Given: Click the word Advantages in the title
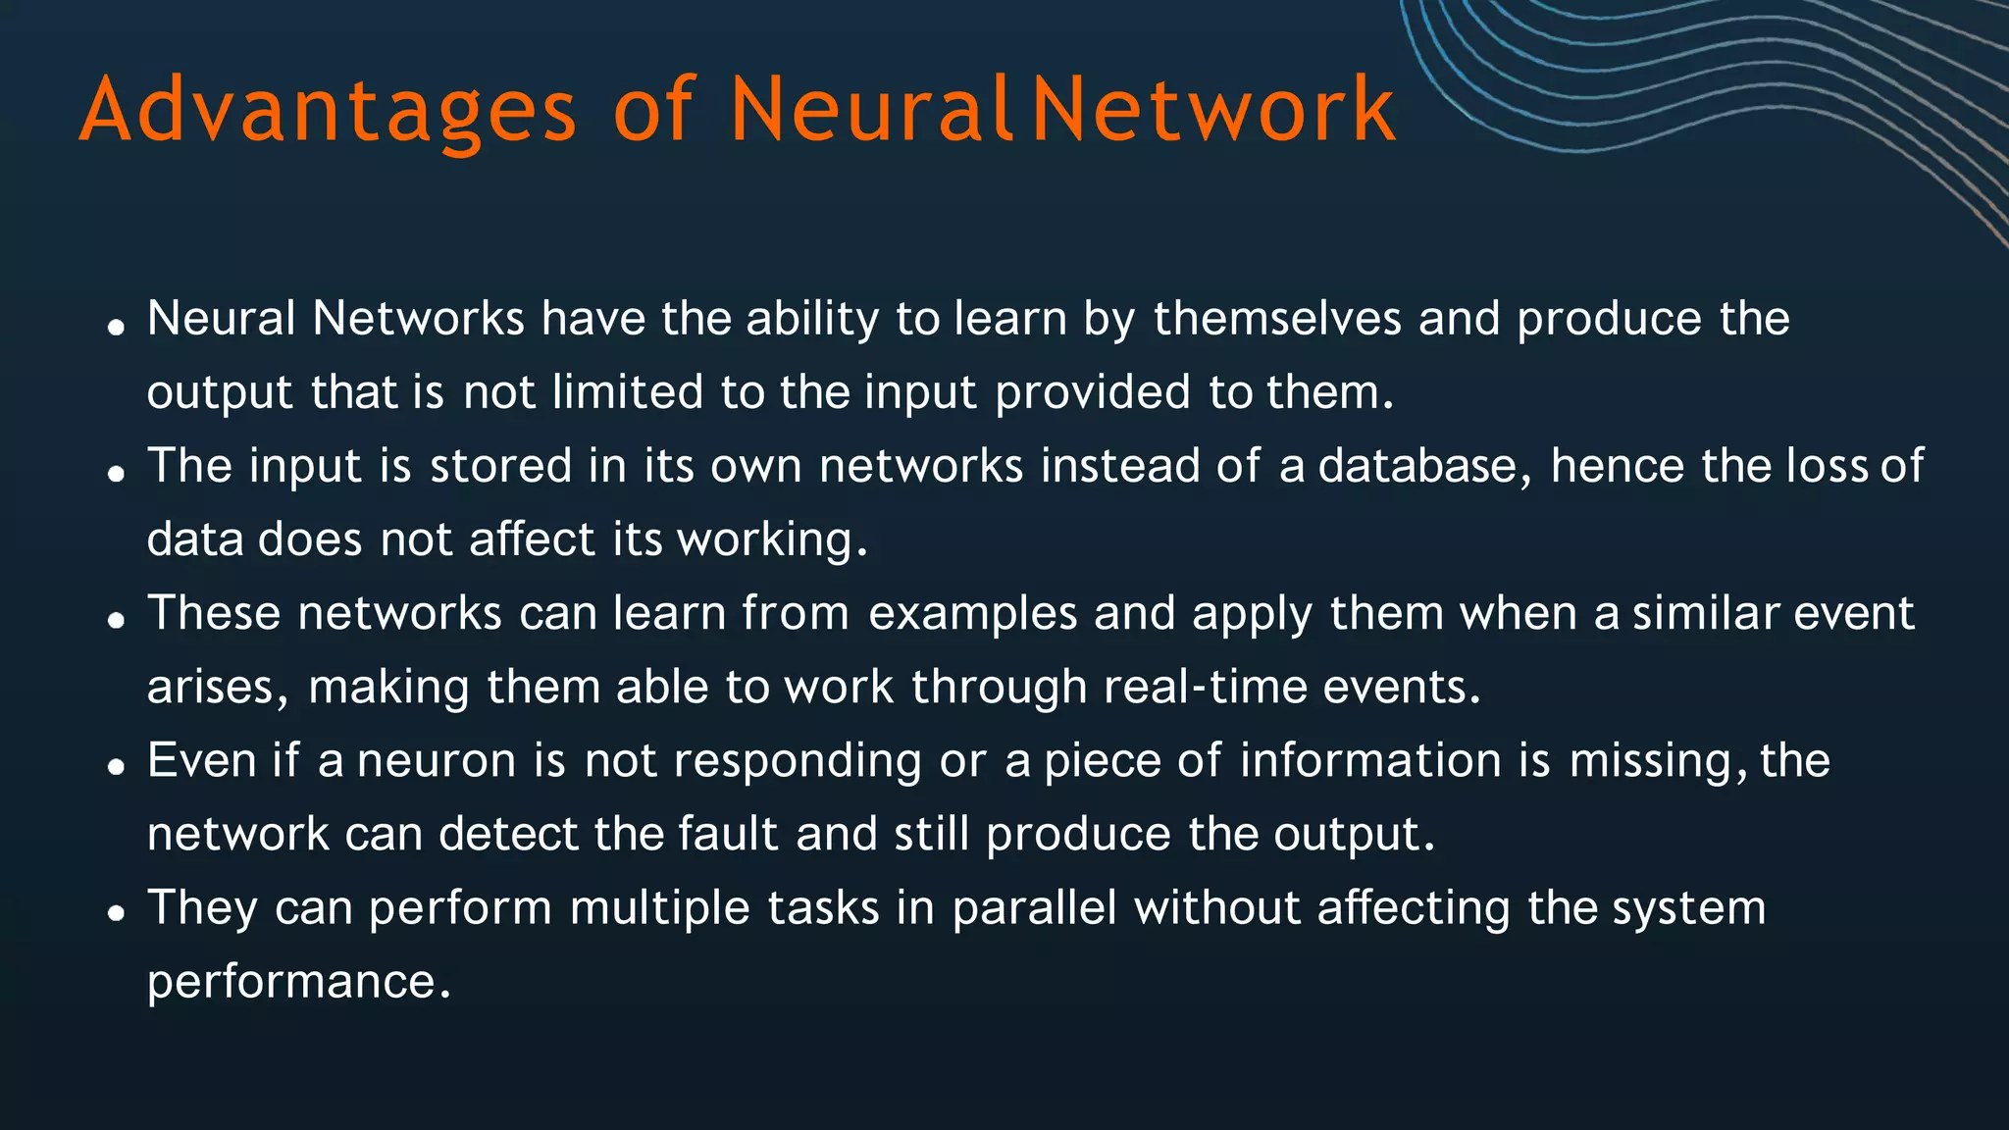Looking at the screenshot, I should [x=328, y=111].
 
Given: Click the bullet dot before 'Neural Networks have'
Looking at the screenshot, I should [x=117, y=327].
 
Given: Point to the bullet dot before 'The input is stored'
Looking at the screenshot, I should [x=117, y=474].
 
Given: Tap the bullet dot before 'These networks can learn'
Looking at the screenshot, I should [x=117, y=621].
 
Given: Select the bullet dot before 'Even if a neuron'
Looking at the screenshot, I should [x=117, y=767].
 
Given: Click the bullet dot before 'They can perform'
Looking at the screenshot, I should [x=117, y=914].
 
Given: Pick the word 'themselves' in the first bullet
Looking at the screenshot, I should [x=1277, y=319].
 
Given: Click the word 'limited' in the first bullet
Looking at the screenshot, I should [x=628, y=392].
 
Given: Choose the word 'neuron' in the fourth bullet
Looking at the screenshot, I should [x=437, y=762].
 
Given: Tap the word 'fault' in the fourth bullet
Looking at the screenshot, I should [x=729, y=834].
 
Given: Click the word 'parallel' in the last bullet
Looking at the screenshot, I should [x=1034, y=908].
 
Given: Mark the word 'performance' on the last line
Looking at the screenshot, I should [x=291, y=983].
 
